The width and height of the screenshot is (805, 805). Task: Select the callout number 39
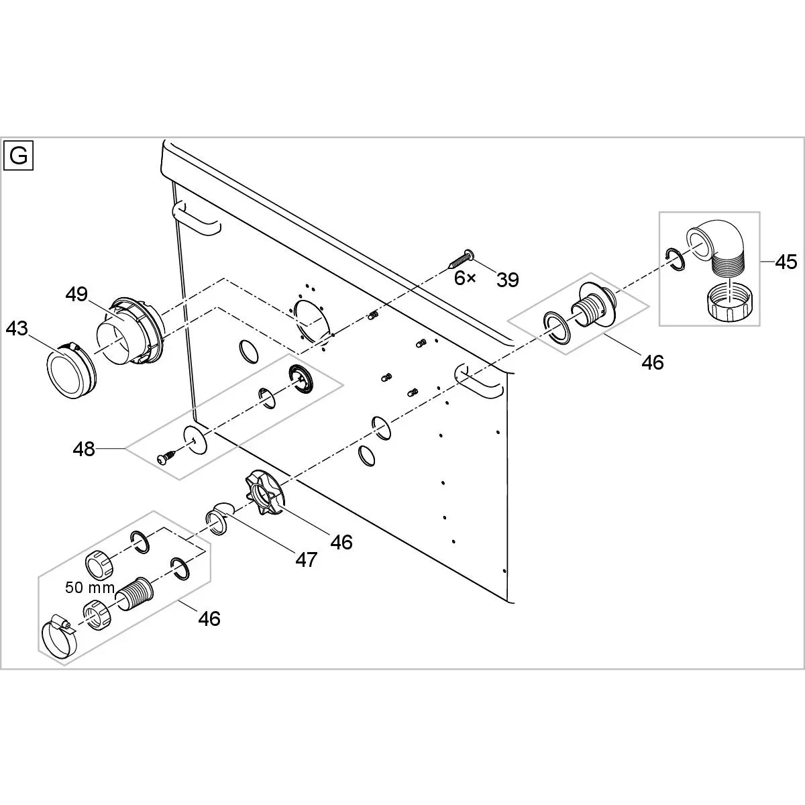tap(508, 280)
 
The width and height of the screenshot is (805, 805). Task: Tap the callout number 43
tap(17, 329)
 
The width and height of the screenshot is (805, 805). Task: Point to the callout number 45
tap(786, 262)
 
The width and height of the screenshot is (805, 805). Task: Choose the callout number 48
tap(84, 449)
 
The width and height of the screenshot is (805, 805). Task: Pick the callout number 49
tap(76, 294)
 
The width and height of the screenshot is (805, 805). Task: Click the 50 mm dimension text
tap(90, 588)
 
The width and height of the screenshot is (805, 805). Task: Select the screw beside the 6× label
tap(459, 258)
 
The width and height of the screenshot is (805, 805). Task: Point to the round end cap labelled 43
tap(68, 370)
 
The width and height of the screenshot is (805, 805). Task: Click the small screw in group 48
tap(165, 458)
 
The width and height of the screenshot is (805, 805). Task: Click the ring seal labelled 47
tap(216, 520)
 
